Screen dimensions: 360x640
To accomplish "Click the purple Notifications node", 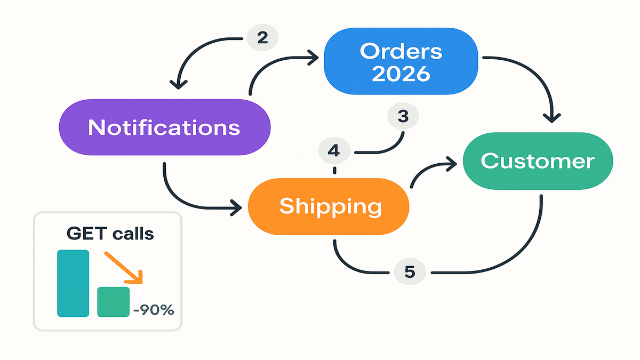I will [164, 127].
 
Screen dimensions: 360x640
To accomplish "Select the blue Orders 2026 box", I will [401, 62].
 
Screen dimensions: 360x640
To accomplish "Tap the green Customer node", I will [537, 161].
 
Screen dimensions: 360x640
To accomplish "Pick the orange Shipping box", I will [329, 206].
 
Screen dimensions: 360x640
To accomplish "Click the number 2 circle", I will [262, 38].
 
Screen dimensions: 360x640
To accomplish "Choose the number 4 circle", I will [334, 151].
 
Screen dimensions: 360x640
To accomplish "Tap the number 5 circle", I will [409, 272].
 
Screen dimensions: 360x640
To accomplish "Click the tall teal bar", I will [73, 283].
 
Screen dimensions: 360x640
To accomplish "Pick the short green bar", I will [113, 301].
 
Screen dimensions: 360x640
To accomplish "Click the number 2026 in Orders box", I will [401, 73].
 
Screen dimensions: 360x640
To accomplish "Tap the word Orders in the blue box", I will [401, 52].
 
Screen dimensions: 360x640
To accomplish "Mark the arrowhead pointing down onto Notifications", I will [178, 84].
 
